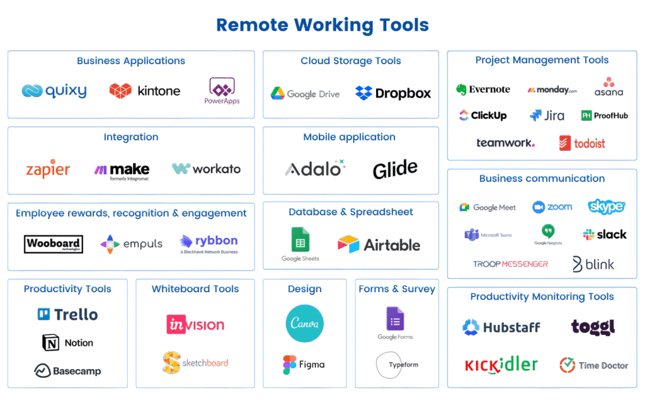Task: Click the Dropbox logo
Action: (393, 93)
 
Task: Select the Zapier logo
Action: (48, 169)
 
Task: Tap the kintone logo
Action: (145, 91)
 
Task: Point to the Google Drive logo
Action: (305, 94)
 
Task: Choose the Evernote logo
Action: (483, 89)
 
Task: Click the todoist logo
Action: (582, 144)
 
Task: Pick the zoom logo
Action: (552, 207)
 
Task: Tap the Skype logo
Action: (606, 206)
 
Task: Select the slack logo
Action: (605, 234)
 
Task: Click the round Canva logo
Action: (305, 324)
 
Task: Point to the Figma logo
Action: (304, 365)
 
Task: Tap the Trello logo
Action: (67, 314)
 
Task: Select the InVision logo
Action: (195, 324)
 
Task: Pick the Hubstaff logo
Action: (501, 327)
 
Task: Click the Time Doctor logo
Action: (593, 365)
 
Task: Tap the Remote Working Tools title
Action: (322, 25)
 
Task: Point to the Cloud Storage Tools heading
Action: (351, 61)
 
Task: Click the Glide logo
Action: (395, 169)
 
